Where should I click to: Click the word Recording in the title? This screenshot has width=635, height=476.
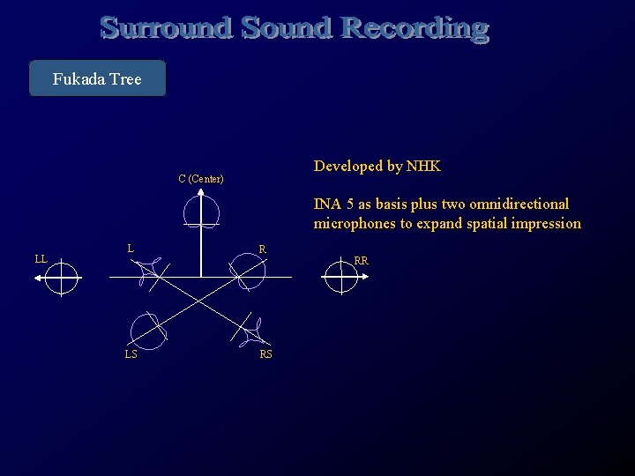pyautogui.click(x=414, y=28)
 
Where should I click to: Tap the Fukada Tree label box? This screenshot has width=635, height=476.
pyautogui.click(x=97, y=78)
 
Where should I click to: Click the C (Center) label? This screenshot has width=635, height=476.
pyautogui.click(x=201, y=179)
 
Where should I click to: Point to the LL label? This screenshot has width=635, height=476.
pyautogui.click(x=41, y=259)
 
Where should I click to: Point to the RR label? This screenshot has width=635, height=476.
pyautogui.click(x=361, y=261)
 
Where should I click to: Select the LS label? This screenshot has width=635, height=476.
pyautogui.click(x=131, y=354)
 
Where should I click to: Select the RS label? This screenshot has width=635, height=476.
pyautogui.click(x=266, y=354)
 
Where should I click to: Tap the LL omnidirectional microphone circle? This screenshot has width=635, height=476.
pyautogui.click(x=61, y=278)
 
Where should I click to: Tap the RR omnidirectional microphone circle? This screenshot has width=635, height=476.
pyautogui.click(x=340, y=278)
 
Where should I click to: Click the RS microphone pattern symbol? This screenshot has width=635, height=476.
pyautogui.click(x=255, y=332)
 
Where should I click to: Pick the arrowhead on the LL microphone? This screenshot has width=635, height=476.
pyautogui.click(x=39, y=278)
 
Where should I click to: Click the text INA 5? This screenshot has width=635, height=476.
pyautogui.click(x=334, y=204)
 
